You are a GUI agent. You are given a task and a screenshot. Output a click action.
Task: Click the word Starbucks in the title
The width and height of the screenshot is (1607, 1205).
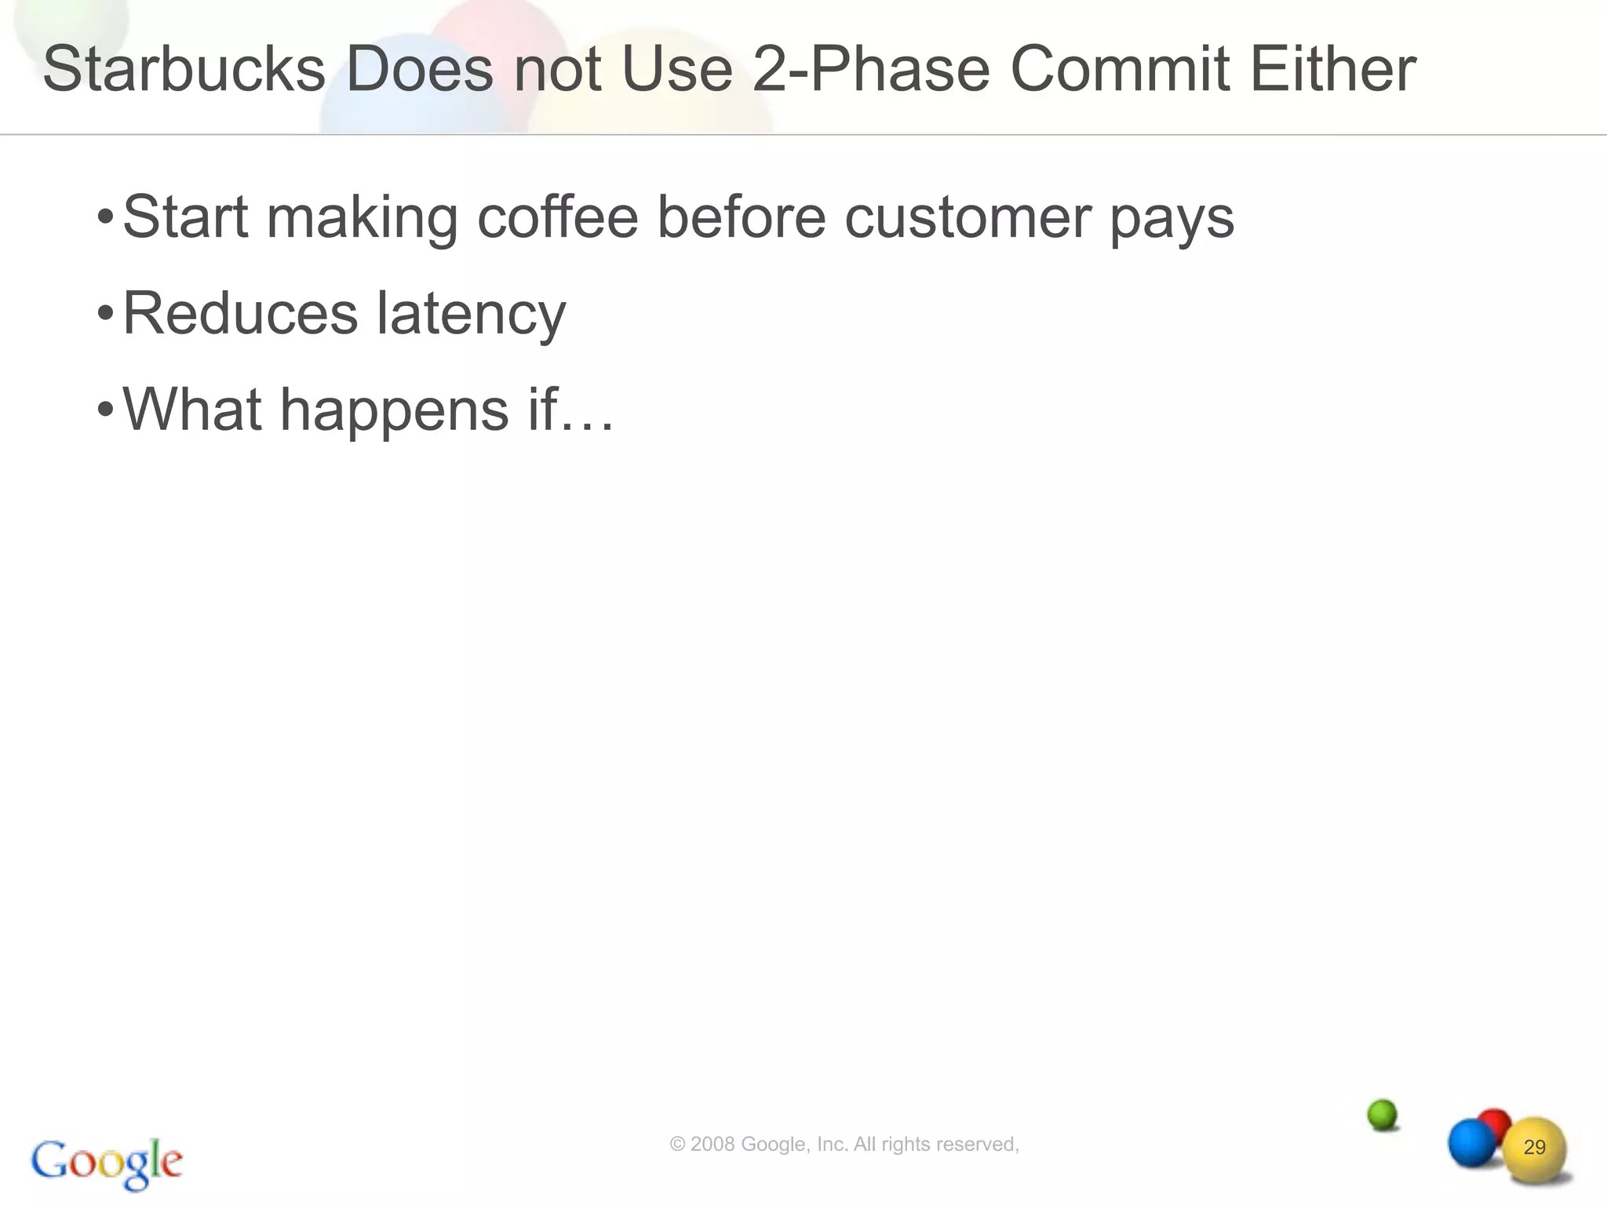pos(184,69)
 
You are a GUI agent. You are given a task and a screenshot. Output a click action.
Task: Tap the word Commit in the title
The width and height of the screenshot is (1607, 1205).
pos(1119,69)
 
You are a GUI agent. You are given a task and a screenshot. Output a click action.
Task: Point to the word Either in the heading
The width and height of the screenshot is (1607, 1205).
pos(1332,69)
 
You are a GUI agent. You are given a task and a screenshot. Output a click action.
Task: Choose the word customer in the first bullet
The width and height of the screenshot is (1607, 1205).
pos(967,218)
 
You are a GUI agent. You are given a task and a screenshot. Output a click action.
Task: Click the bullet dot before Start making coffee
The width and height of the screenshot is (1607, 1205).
pos(105,216)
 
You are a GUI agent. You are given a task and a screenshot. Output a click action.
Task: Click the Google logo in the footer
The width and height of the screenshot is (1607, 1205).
pos(107,1163)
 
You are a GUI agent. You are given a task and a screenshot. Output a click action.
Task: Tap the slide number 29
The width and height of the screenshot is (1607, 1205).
pos(1534,1148)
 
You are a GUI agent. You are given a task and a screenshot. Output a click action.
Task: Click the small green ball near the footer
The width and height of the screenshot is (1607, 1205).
pos(1382,1114)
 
